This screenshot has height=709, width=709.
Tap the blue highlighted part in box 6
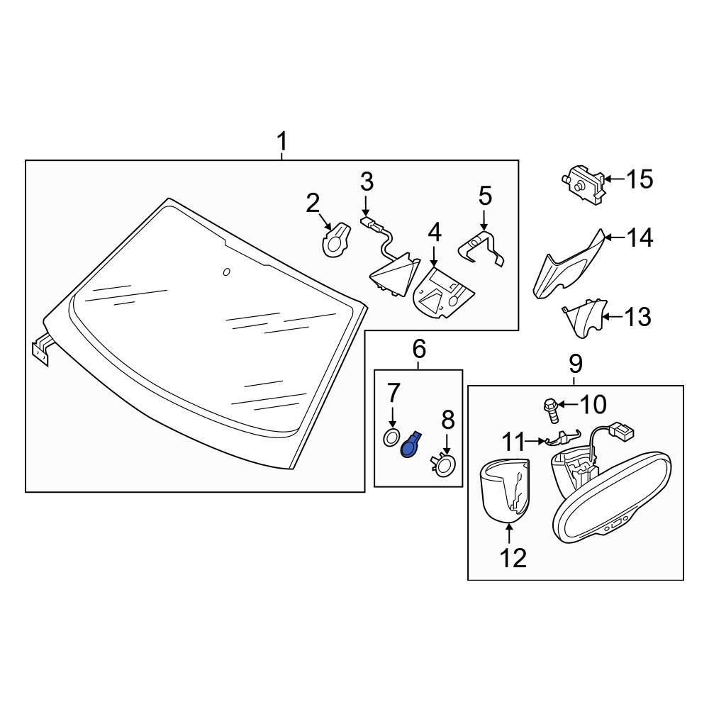pos(410,445)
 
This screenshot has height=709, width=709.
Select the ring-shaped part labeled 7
pos(391,437)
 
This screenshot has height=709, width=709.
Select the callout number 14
pos(639,238)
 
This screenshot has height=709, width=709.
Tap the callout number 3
pos(366,182)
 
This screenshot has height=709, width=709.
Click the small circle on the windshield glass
pos(226,272)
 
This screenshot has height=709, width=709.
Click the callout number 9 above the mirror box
pos(575,364)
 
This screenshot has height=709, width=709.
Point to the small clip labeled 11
pos(561,440)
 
